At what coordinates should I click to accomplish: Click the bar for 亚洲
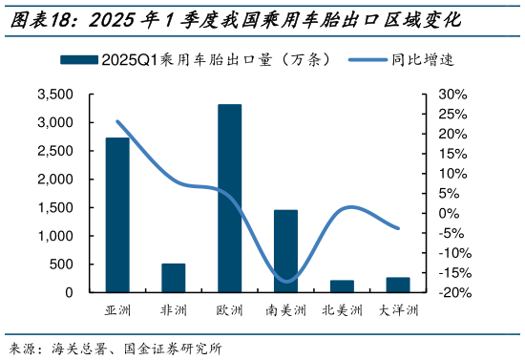117,215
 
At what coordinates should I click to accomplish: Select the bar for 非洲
174,278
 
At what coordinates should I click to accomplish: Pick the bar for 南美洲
285,251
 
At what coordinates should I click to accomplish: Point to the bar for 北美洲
342,286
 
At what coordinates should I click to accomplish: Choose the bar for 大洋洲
397,285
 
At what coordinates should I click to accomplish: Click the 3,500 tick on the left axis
55,95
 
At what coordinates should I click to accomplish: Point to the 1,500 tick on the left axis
55,207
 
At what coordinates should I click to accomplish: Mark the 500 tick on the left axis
63,264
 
